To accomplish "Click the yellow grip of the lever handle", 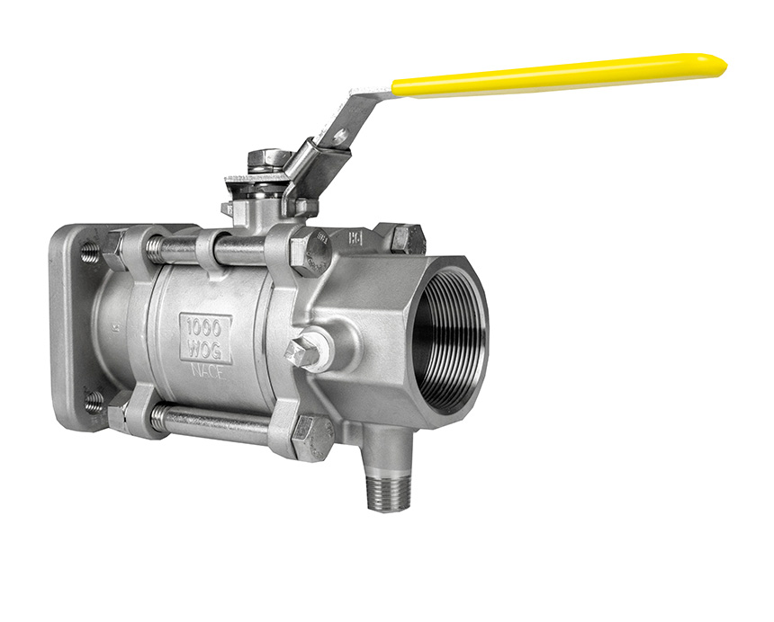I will click(558, 76).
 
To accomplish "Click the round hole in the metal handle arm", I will click(339, 136).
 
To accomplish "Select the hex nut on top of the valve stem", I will click(269, 160).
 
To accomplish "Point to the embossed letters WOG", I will click(206, 348).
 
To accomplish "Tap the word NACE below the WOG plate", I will click(206, 369).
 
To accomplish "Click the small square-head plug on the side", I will click(304, 352).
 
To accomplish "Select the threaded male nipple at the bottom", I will click(388, 486).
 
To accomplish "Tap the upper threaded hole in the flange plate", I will click(90, 254).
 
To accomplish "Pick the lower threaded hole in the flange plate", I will click(93, 402).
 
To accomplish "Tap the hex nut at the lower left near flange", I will click(119, 413).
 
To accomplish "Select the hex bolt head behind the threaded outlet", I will click(407, 239).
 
